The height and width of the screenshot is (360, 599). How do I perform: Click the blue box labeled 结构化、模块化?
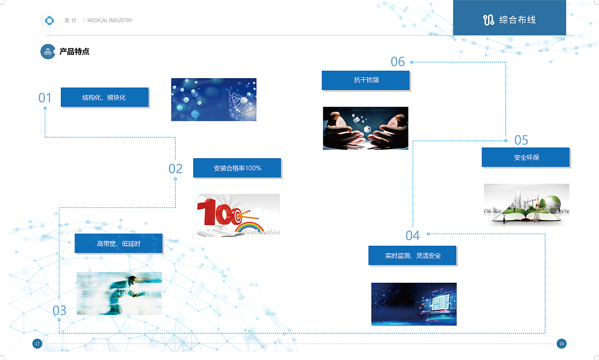click(104, 97)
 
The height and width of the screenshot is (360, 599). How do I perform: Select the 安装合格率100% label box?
click(237, 168)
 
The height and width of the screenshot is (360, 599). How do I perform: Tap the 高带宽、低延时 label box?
click(118, 243)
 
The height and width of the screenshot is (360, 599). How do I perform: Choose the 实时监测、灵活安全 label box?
click(412, 256)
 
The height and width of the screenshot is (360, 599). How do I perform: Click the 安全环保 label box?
click(526, 157)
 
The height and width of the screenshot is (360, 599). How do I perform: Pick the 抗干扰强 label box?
click(365, 80)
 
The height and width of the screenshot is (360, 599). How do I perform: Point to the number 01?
click(45, 98)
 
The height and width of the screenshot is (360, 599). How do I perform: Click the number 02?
click(175, 169)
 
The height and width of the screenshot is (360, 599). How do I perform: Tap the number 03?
click(59, 310)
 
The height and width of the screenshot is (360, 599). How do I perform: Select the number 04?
click(412, 235)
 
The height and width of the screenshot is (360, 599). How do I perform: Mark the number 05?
click(521, 140)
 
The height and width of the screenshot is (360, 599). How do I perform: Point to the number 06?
click(397, 62)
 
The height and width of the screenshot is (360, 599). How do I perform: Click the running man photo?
click(119, 294)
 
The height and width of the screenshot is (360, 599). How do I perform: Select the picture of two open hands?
click(365, 128)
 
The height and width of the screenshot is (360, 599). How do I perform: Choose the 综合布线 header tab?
click(509, 19)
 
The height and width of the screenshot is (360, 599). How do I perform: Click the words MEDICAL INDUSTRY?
click(110, 21)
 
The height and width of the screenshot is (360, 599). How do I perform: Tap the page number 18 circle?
click(562, 344)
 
